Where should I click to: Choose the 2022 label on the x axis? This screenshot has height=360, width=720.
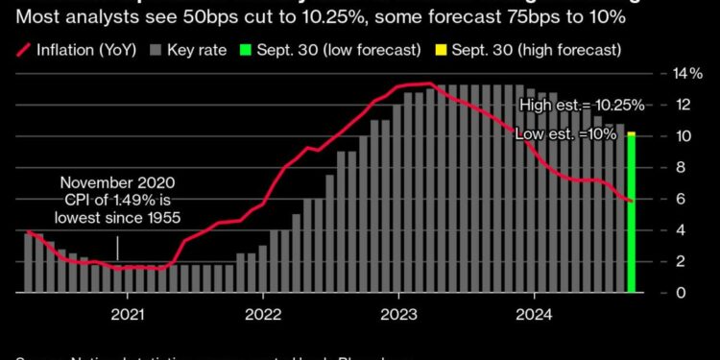pyautogui.click(x=262, y=312)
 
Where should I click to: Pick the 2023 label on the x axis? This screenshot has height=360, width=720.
pyautogui.click(x=396, y=312)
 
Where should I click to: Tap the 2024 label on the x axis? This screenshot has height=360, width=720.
pyautogui.click(x=531, y=312)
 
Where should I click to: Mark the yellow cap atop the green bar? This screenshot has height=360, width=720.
pyautogui.click(x=631, y=134)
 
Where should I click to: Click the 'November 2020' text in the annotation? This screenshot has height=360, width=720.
pyautogui.click(x=118, y=183)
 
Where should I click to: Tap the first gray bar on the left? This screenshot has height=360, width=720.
pyautogui.click(x=28, y=262)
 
